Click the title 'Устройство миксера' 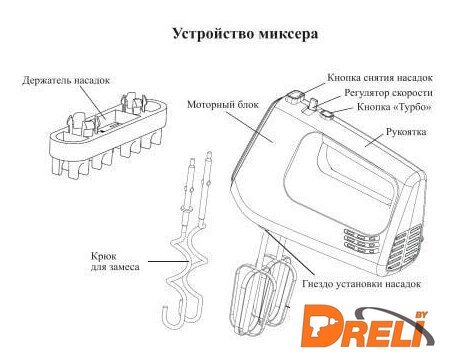pyautogui.click(x=245, y=34)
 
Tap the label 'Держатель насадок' pyautogui.click(x=66, y=80)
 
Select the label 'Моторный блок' pyautogui.click(x=223, y=104)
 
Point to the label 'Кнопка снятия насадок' pyautogui.click(x=380, y=78)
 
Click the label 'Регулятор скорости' pyautogui.click(x=388, y=93)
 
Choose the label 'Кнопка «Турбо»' pyautogui.click(x=394, y=107)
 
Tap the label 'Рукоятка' pyautogui.click(x=406, y=132)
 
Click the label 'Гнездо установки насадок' pyautogui.click(x=362, y=284)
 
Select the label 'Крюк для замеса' pyautogui.click(x=115, y=262)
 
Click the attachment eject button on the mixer pyautogui.click(x=294, y=97)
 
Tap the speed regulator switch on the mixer pyautogui.click(x=313, y=103)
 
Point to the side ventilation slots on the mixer pyautogui.click(x=362, y=240)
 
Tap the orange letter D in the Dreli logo pyautogui.click(x=322, y=325)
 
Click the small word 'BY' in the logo pyautogui.click(x=421, y=315)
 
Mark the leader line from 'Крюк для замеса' pyautogui.click(x=169, y=261)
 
